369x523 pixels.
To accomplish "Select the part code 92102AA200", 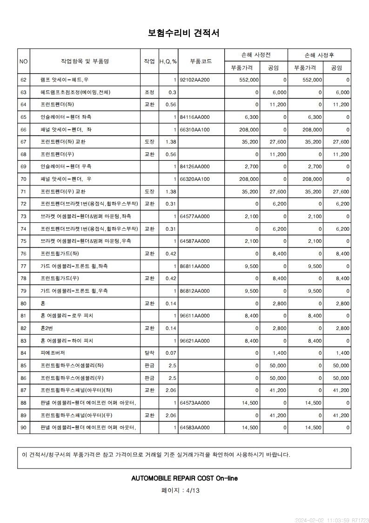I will coord(195,80).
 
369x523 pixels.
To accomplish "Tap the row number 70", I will coord(24,179).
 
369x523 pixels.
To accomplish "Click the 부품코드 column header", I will coord(201,61).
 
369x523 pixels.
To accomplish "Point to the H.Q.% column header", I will coord(168,61).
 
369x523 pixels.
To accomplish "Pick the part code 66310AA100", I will coord(195,129).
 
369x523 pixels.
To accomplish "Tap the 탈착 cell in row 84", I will coord(149,353).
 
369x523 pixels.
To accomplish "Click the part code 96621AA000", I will coord(195,341).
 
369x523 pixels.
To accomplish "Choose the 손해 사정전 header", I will coord(256,55).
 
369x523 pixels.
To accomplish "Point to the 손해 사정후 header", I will coord(319,55).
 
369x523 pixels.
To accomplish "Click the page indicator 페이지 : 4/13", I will coord(181,490).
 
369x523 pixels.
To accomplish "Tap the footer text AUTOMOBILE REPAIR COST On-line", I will coord(185,478).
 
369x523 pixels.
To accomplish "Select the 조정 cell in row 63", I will coord(149,92).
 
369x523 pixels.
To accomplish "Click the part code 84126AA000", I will coord(195,166).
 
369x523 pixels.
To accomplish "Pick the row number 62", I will coord(24,80).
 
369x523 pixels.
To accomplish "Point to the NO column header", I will coord(24,61).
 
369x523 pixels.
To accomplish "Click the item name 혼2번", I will coord(47,328).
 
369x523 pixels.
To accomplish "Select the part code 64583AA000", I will coord(195,427).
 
